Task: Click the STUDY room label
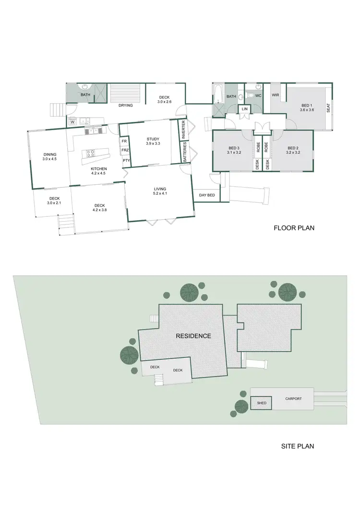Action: pyautogui.click(x=153, y=139)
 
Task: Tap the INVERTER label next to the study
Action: pyautogui.click(x=184, y=130)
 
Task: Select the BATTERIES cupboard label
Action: pyautogui.click(x=184, y=153)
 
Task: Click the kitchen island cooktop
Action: pyautogui.click(x=91, y=154)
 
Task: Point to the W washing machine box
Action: pyautogui.click(x=72, y=122)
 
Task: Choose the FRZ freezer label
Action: pyautogui.click(x=124, y=151)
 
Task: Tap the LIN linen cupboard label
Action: pyautogui.click(x=244, y=109)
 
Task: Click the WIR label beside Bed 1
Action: pyautogui.click(x=275, y=95)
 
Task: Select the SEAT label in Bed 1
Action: pyautogui.click(x=328, y=108)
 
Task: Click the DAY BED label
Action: pyautogui.click(x=207, y=195)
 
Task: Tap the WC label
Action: pyautogui.click(x=258, y=96)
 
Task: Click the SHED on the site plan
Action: pyautogui.click(x=262, y=403)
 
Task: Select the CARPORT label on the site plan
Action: pyautogui.click(x=293, y=399)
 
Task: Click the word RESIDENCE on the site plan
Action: pyautogui.click(x=193, y=336)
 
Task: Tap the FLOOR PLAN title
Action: pyautogui.click(x=294, y=228)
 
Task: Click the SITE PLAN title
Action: pyautogui.click(x=297, y=446)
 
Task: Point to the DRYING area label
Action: pyautogui.click(x=126, y=106)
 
